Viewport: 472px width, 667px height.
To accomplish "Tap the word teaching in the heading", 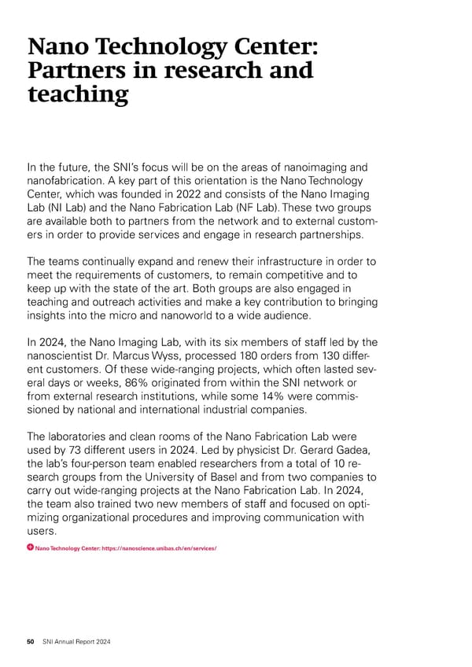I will pos(77,94).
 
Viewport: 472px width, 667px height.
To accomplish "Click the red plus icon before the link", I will pos(29,547).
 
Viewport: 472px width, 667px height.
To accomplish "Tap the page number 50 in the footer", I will pos(31,642).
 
